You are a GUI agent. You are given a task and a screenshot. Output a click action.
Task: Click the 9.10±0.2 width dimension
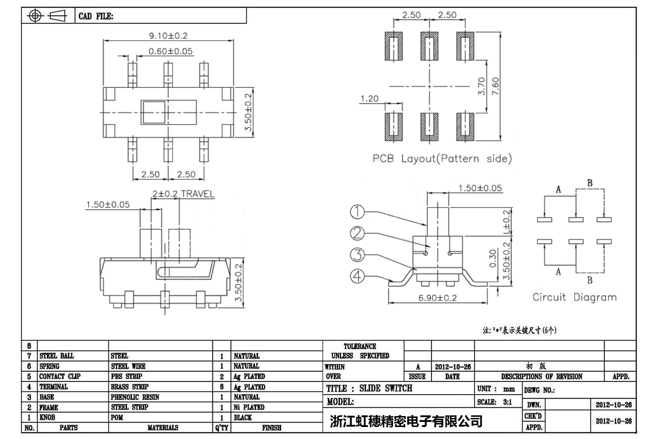[x=168, y=36]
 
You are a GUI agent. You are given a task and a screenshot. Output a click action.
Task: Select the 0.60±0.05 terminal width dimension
[x=170, y=51]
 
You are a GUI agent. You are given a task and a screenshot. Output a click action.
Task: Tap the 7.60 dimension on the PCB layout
[x=495, y=86]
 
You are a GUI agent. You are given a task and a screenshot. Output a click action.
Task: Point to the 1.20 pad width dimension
[x=369, y=99]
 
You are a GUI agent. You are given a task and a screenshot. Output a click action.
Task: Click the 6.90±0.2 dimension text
[x=437, y=298]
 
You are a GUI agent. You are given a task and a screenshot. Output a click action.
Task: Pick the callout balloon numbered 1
[x=357, y=212]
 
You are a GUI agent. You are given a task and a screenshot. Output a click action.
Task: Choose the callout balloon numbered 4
[x=357, y=276]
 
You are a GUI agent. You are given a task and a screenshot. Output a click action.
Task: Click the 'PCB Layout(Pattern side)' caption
[x=442, y=159]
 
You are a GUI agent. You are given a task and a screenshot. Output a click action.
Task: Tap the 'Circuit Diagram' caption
[x=574, y=297]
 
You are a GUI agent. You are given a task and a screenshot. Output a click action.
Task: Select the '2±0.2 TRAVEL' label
[x=183, y=194]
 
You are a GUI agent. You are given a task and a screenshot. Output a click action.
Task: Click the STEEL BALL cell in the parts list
[x=57, y=356]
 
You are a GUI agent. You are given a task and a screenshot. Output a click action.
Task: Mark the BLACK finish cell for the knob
[x=243, y=417]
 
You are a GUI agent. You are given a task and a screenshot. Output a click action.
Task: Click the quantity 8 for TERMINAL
[x=222, y=387]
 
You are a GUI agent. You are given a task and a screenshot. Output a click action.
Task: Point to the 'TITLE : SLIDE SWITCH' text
[x=369, y=388]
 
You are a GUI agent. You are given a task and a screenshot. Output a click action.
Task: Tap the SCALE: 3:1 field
[x=495, y=402]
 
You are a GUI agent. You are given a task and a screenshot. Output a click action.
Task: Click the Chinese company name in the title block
[x=406, y=421]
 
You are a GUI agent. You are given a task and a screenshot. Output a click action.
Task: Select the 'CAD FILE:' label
[x=96, y=16]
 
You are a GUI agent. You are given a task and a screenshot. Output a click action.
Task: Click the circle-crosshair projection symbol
[x=35, y=16]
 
